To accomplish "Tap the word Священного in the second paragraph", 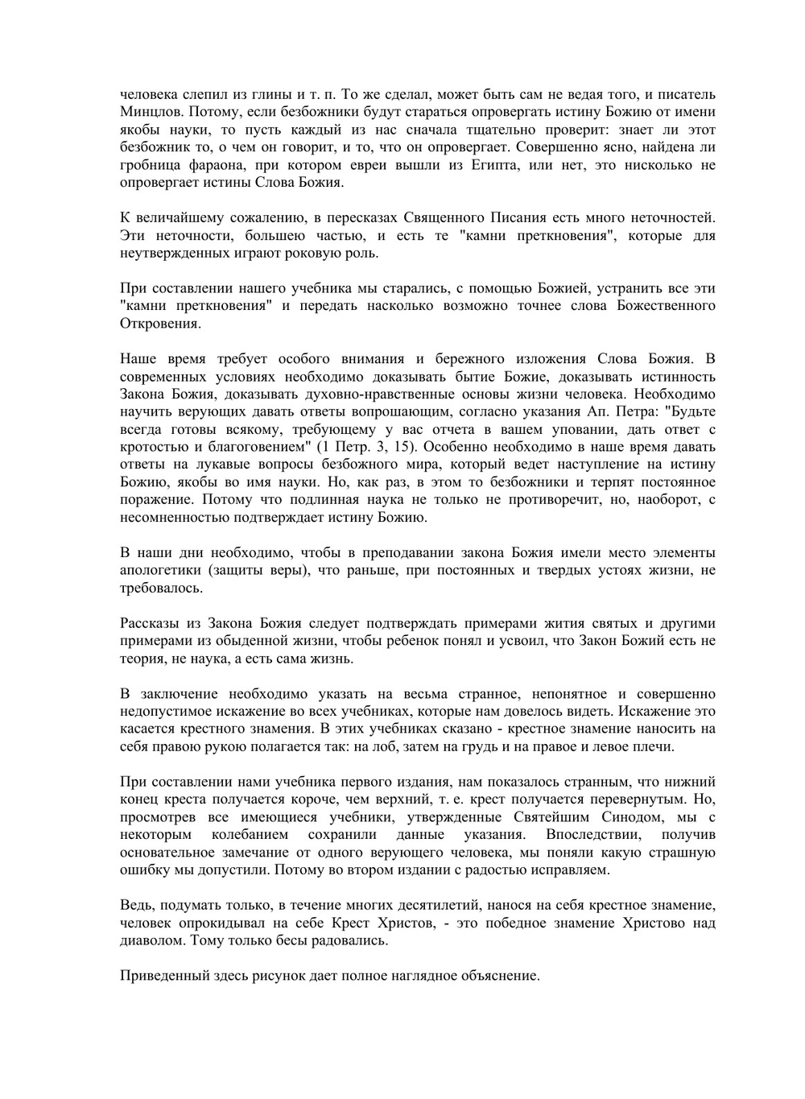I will click(x=443, y=217).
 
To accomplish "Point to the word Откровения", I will click(x=159, y=323).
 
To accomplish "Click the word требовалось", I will click(x=161, y=588).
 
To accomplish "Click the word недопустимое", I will click(x=164, y=712).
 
